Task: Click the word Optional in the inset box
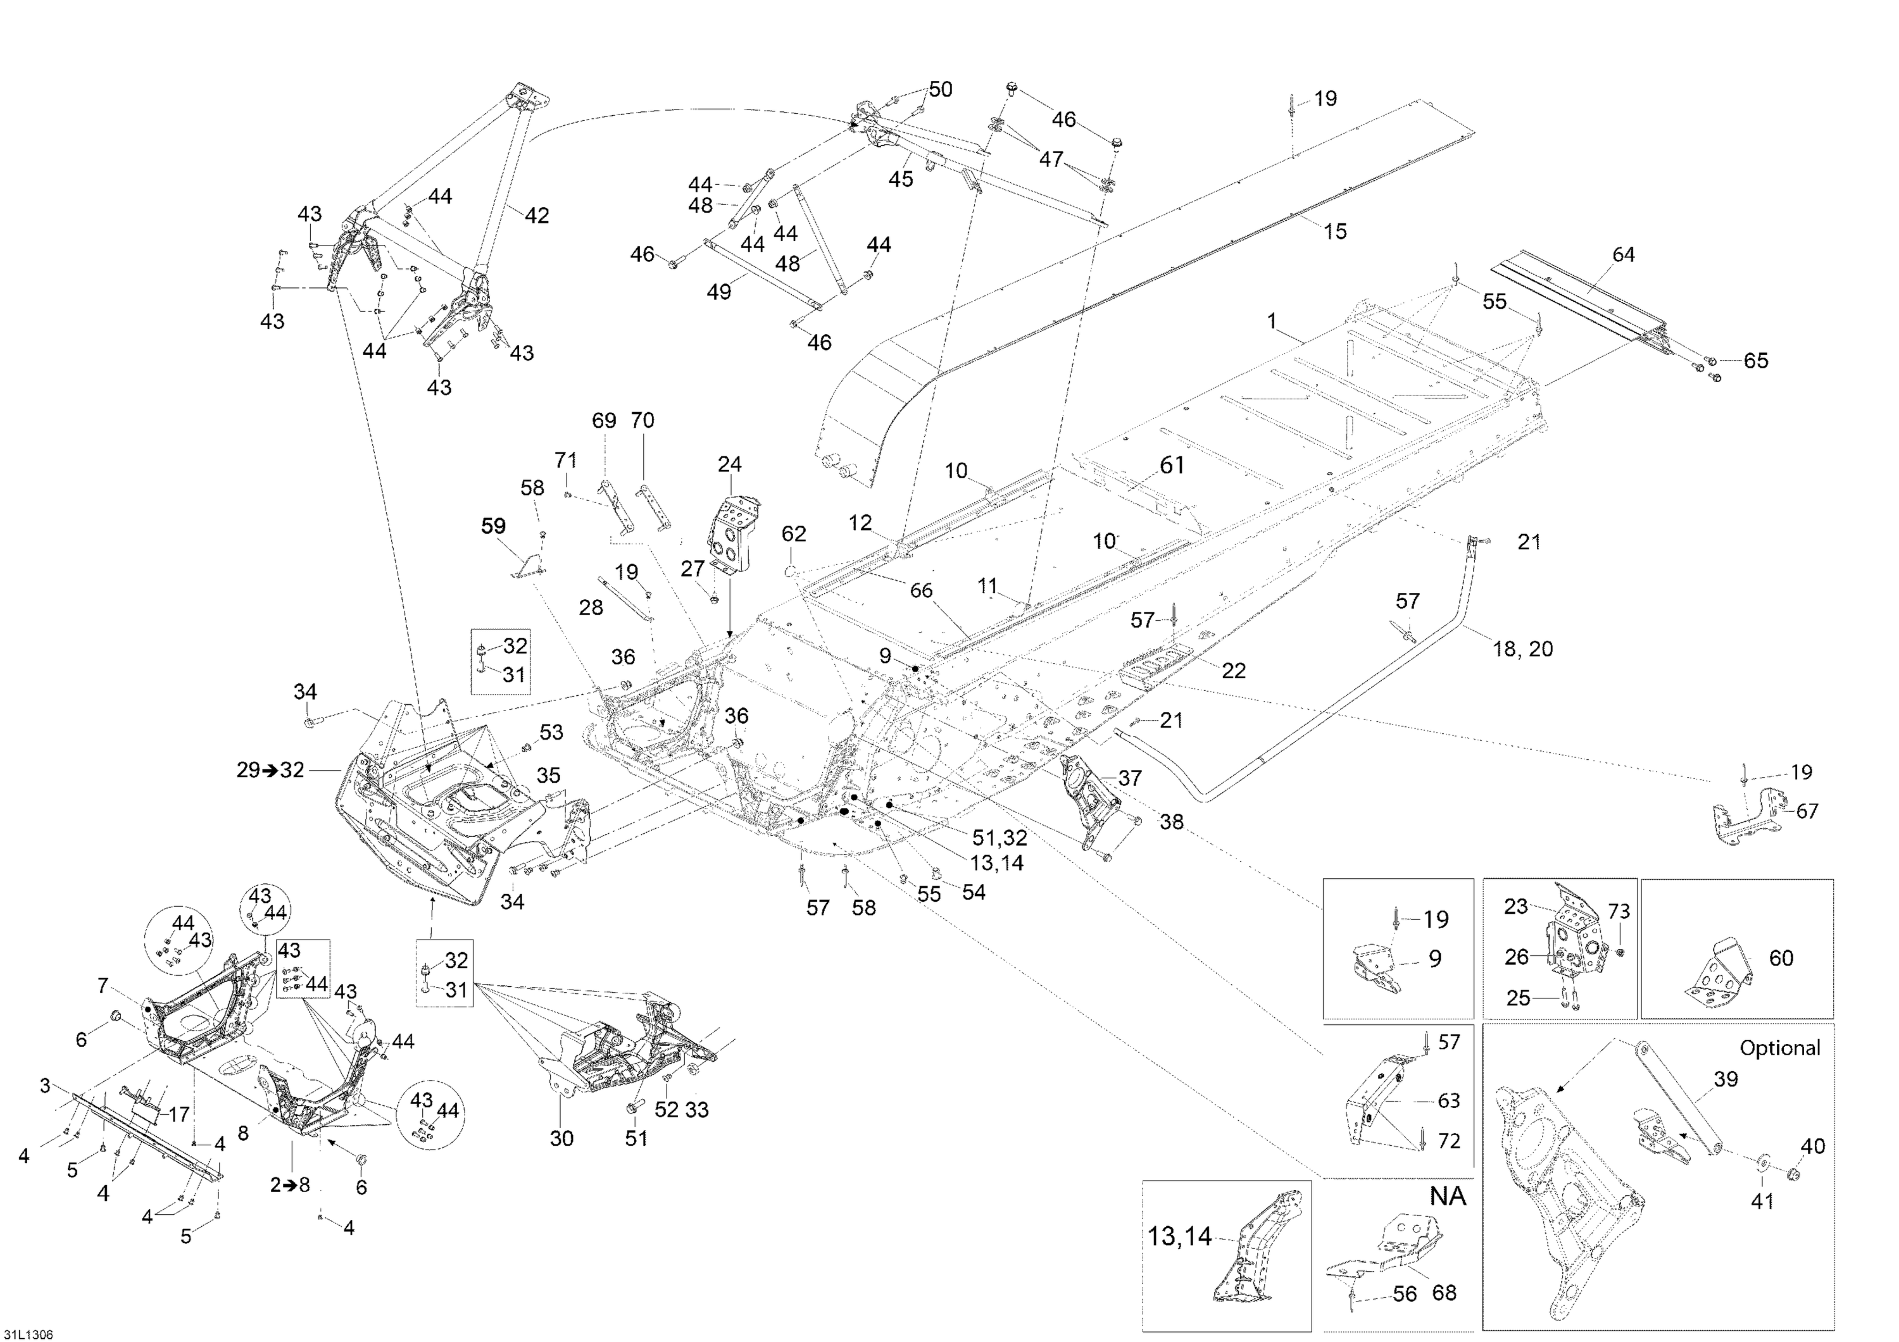(1780, 1048)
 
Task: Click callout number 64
(1624, 255)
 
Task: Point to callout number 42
(537, 215)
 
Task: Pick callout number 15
(1335, 232)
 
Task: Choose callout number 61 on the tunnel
(1172, 466)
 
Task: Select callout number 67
(1807, 811)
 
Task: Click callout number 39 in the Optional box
(1726, 1078)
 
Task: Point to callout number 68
(1444, 1293)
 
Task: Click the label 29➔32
(270, 770)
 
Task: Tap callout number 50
(941, 89)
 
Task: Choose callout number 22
(1233, 671)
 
